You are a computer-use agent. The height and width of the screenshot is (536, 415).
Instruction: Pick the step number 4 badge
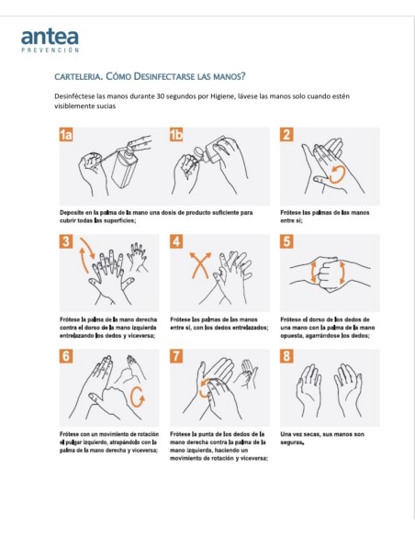(x=176, y=242)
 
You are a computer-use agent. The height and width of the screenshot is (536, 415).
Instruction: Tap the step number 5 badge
(x=286, y=242)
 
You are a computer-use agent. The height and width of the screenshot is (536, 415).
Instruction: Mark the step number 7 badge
(x=176, y=356)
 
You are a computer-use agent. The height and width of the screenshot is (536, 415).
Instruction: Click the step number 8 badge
(x=286, y=356)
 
